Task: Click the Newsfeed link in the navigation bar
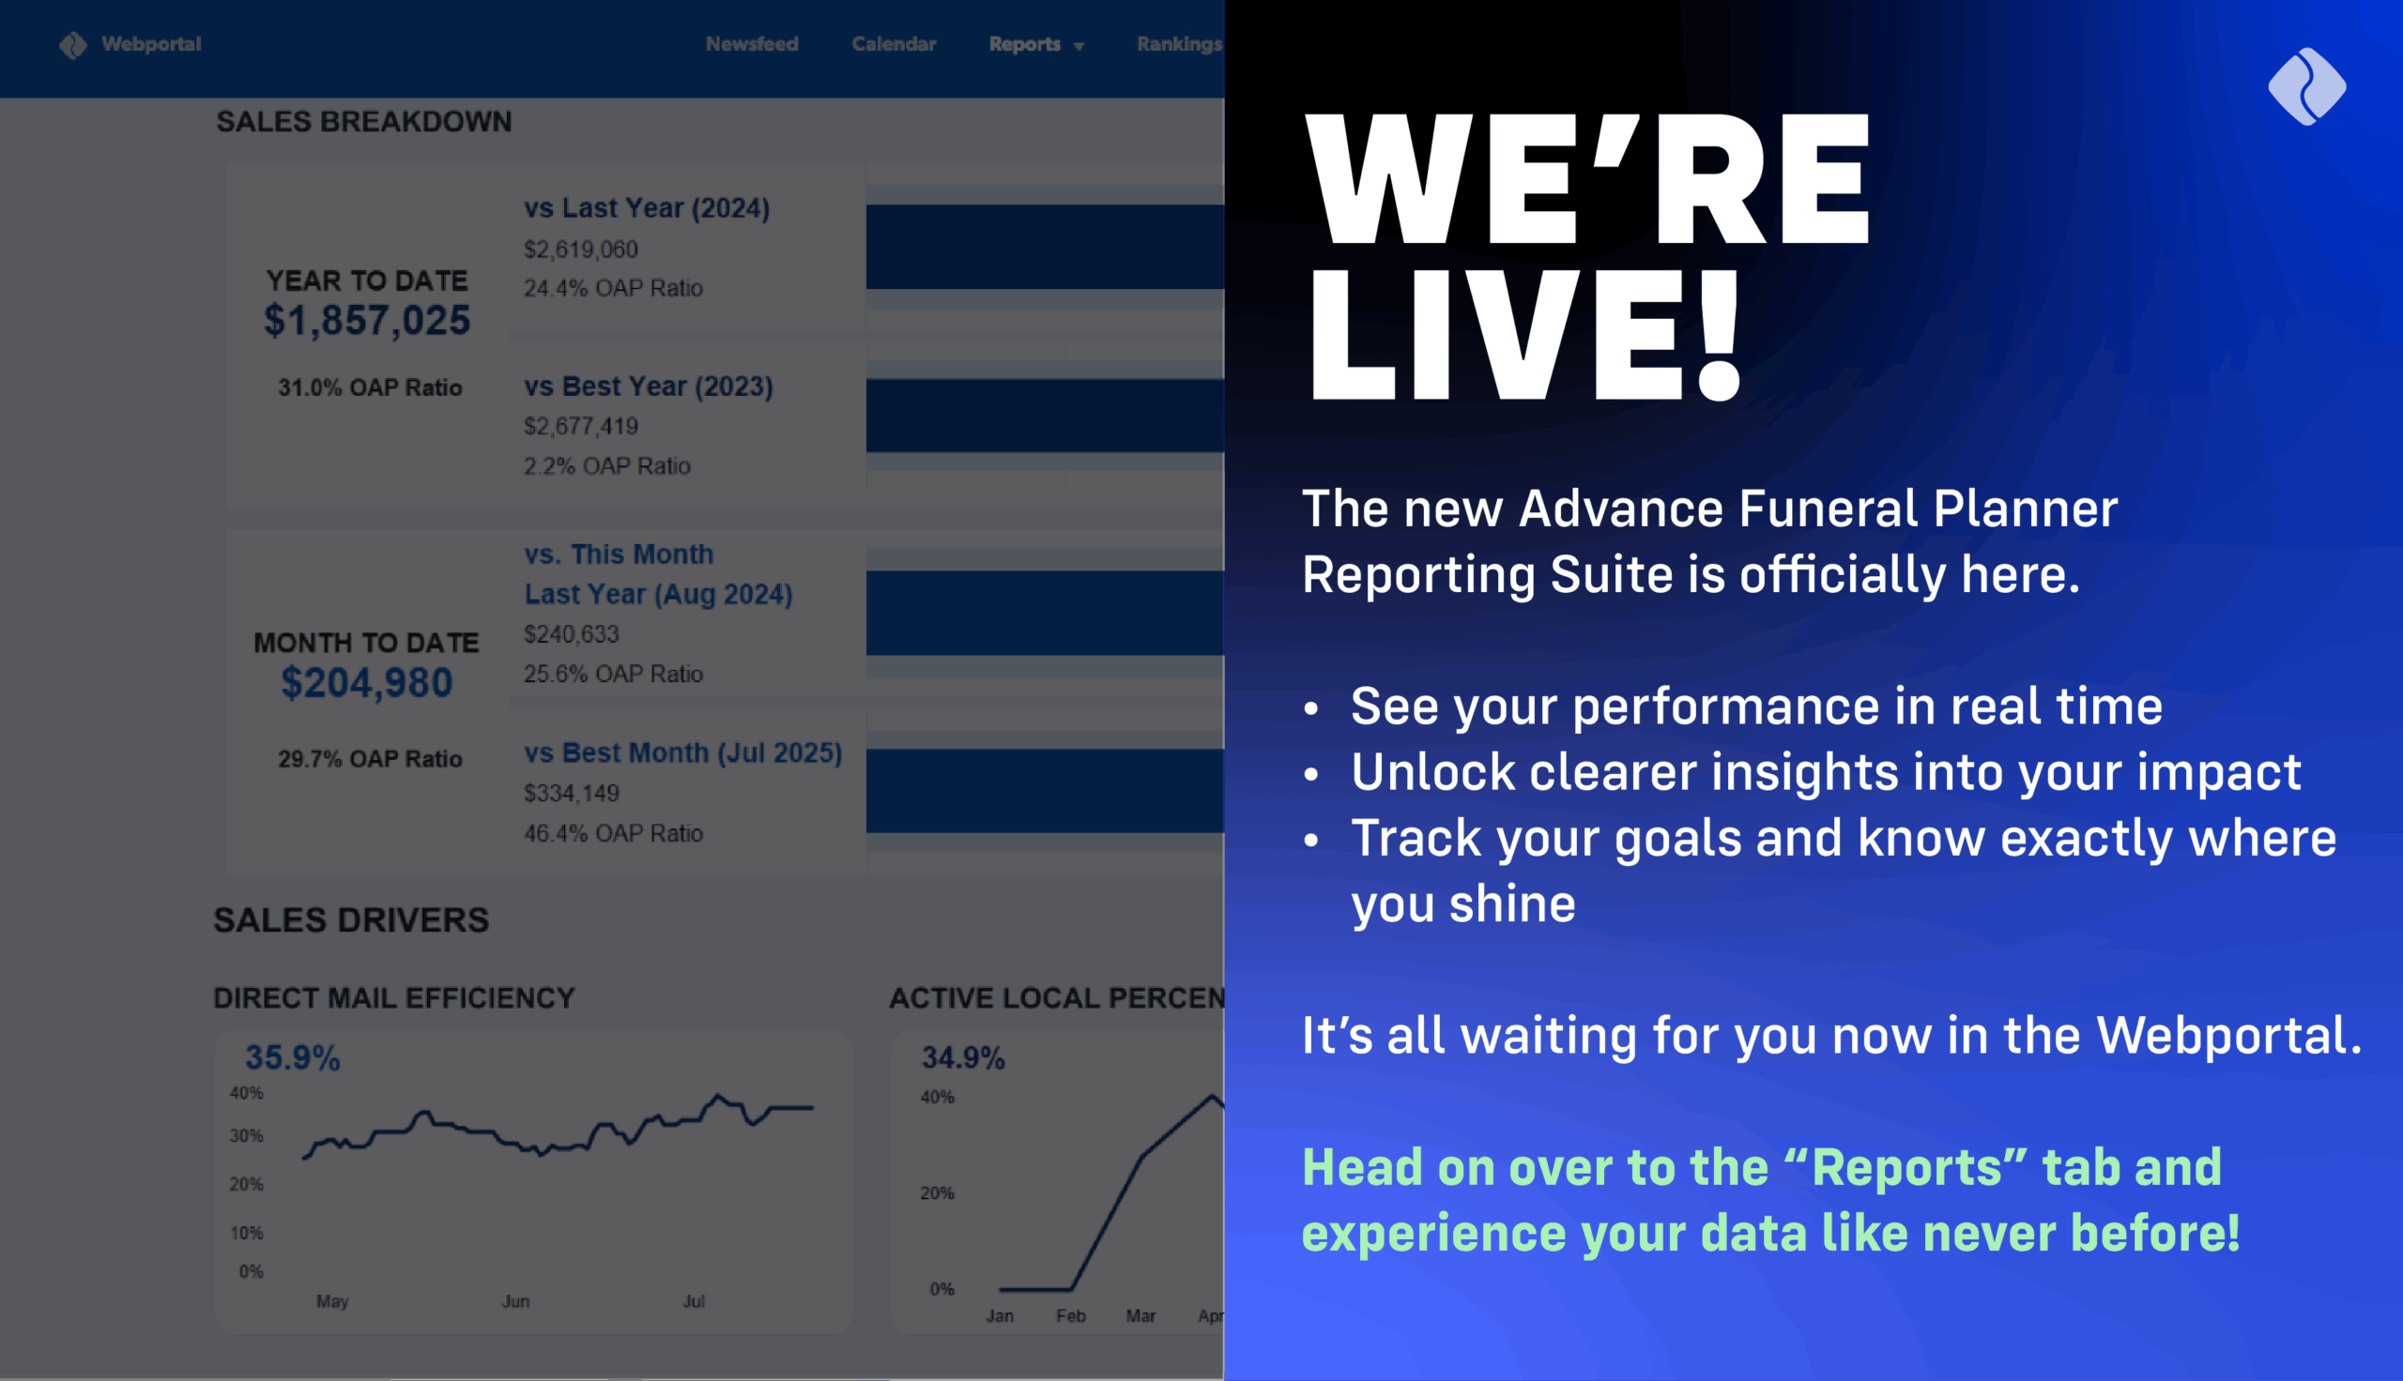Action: (x=751, y=44)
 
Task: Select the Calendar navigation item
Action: (x=893, y=44)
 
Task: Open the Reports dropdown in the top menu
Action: (x=1035, y=45)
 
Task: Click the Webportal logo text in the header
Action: (x=151, y=44)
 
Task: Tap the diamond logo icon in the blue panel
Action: (x=2306, y=86)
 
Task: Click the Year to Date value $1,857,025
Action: (x=366, y=321)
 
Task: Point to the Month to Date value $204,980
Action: (x=366, y=683)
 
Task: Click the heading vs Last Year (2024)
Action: (x=646, y=207)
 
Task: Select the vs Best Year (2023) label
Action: (x=648, y=386)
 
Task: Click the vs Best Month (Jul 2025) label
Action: (x=682, y=752)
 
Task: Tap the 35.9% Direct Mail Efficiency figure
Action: (x=292, y=1057)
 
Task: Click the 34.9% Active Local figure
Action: (x=962, y=1057)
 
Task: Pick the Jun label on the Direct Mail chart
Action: (x=515, y=1301)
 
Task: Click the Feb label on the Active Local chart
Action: (x=1070, y=1315)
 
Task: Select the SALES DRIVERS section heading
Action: (x=351, y=919)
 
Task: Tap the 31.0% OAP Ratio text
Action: (x=369, y=387)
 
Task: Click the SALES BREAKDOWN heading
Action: (x=363, y=121)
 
